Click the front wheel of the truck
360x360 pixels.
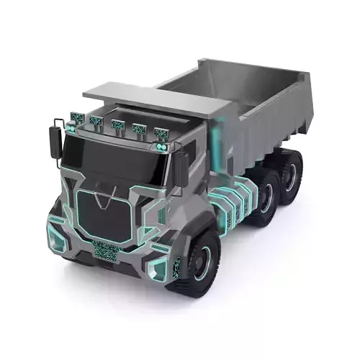(199, 260)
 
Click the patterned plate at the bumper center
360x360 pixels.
(107, 251)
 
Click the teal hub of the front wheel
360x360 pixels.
(205, 261)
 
